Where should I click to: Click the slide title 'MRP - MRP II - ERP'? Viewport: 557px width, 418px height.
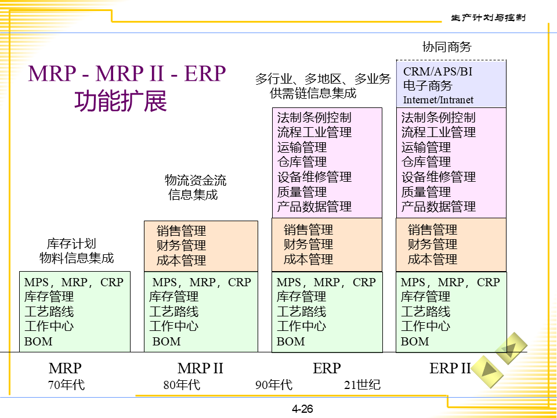tap(127, 74)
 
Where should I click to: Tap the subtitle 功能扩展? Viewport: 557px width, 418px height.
tap(120, 100)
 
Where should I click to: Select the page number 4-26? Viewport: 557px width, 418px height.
tap(302, 409)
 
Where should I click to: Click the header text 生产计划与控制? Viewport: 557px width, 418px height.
tap(488, 17)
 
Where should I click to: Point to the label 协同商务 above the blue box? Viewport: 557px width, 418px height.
tap(447, 47)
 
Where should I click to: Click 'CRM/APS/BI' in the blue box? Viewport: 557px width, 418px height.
tap(437, 71)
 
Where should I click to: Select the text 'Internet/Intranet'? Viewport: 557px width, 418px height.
tap(438, 100)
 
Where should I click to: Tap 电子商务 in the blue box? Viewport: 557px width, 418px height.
tap(428, 86)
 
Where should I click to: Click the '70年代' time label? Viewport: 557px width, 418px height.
tap(66, 384)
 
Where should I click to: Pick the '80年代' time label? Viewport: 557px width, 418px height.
tap(182, 384)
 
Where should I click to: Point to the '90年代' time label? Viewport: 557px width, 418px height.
tap(274, 384)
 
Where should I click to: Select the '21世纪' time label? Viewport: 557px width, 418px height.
tap(362, 384)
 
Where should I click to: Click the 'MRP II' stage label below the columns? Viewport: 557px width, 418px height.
tap(200, 368)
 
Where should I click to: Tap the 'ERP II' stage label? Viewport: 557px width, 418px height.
tap(450, 368)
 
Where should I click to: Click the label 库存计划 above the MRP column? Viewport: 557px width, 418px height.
tap(71, 244)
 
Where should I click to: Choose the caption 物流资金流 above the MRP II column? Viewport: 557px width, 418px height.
tap(196, 180)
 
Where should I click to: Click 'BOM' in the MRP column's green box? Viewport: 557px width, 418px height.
tap(38, 341)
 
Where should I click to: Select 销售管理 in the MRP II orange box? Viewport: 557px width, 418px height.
tap(181, 231)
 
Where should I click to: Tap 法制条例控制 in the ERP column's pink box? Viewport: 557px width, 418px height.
tap(314, 117)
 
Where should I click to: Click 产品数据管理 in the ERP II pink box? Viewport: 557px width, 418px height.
tap(438, 207)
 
